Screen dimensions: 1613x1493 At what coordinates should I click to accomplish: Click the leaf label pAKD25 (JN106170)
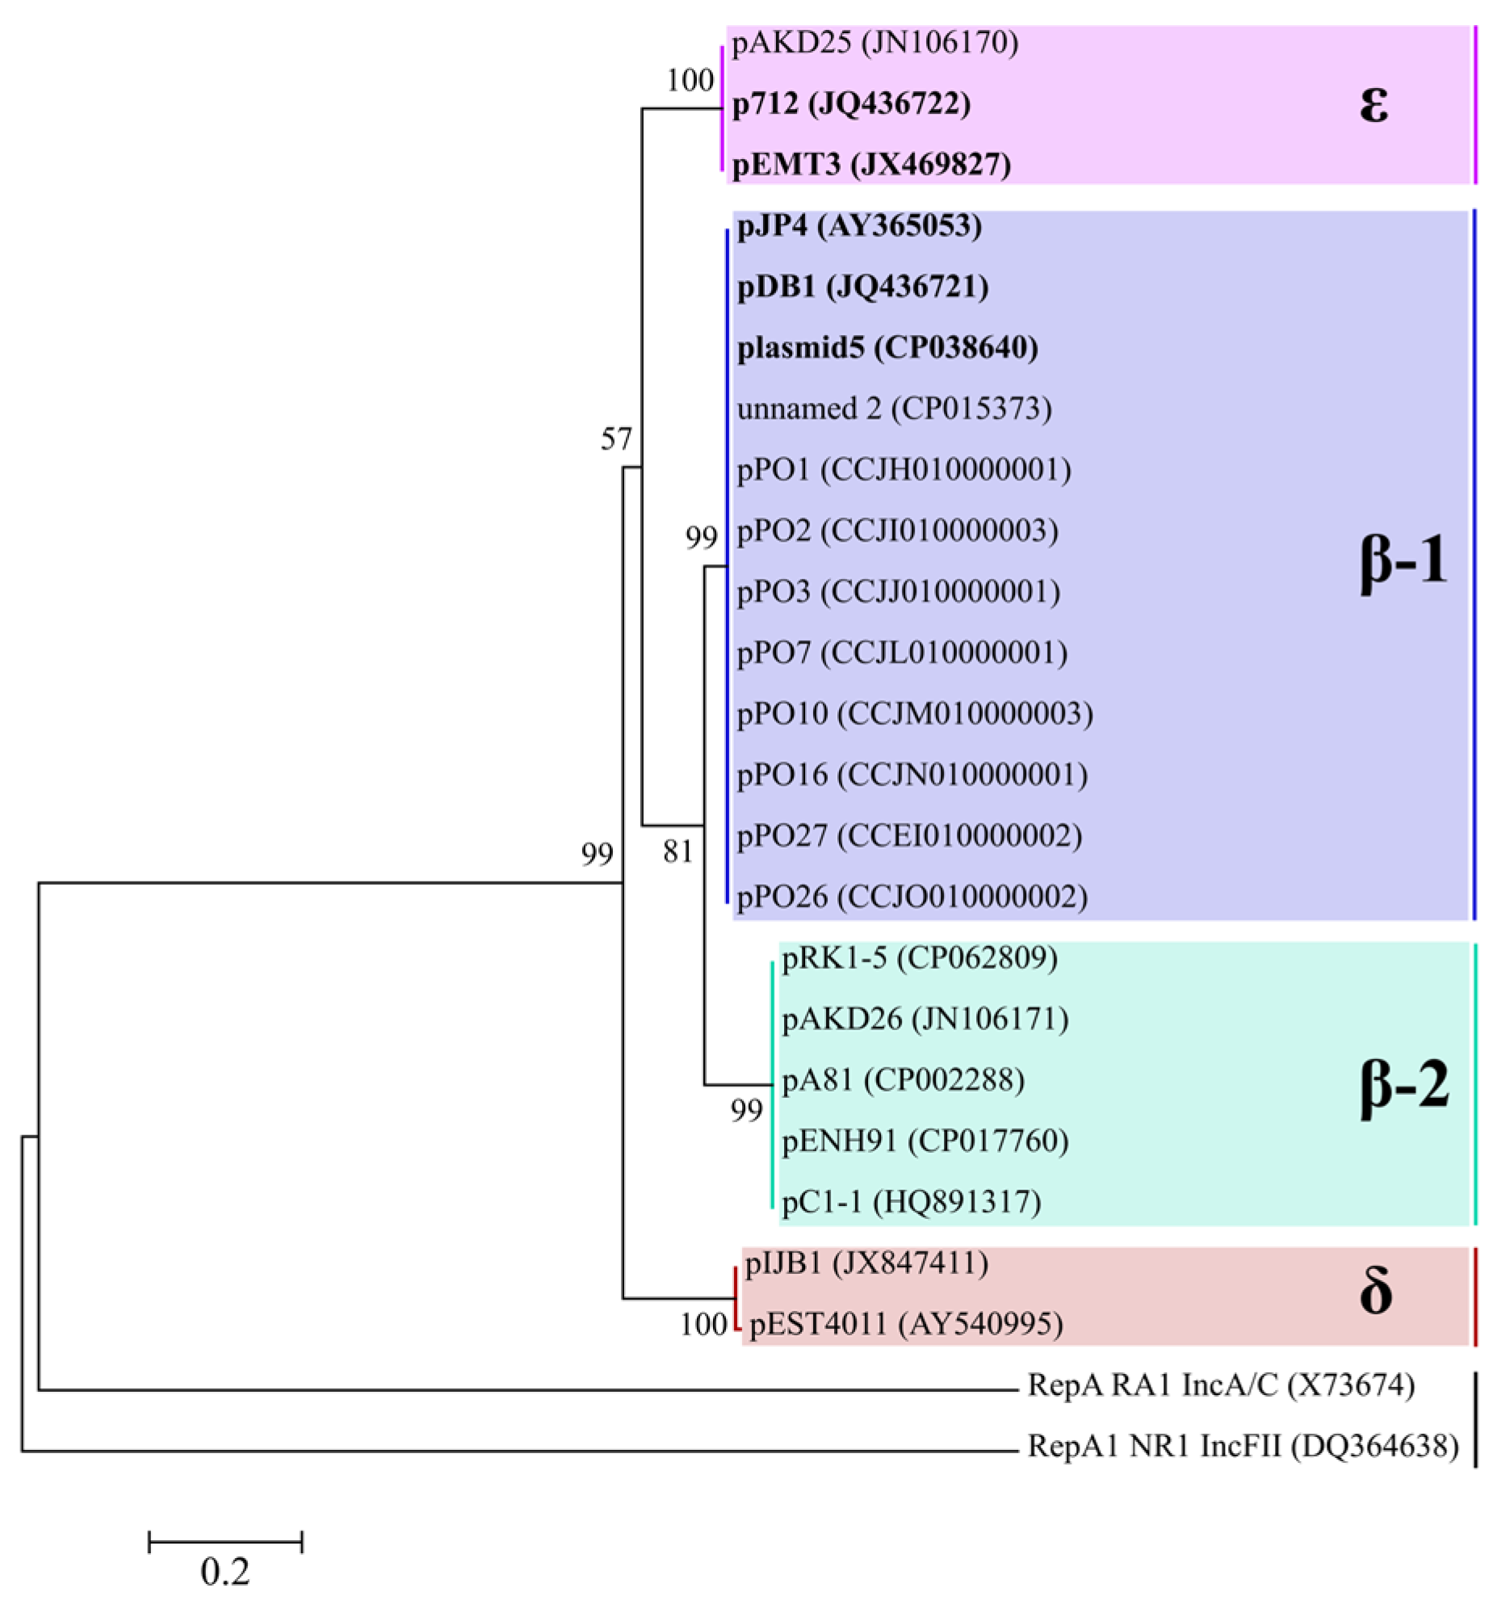tap(875, 42)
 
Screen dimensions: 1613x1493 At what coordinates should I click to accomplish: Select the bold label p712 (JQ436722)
tap(852, 103)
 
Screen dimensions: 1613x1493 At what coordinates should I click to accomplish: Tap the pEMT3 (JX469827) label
tap(871, 164)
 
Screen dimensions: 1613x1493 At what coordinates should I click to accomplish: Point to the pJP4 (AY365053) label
tap(860, 225)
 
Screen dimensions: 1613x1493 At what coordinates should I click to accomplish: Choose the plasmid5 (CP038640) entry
tap(887, 347)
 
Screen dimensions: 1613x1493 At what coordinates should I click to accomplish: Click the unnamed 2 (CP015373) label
tap(894, 408)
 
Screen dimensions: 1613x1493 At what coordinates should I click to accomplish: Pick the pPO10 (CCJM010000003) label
tap(915, 713)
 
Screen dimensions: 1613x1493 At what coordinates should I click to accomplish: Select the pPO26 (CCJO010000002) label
tap(912, 897)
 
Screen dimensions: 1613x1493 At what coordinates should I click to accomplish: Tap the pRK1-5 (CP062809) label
tap(920, 958)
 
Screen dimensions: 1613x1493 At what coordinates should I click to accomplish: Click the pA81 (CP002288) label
tap(903, 1080)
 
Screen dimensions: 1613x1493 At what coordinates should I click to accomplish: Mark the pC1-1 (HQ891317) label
tap(911, 1202)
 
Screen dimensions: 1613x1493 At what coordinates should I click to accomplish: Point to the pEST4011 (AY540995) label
tap(906, 1324)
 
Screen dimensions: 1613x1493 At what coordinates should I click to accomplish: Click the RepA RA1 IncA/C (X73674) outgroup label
tap(1221, 1385)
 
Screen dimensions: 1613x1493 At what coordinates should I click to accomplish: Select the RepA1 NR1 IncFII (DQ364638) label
tap(1243, 1446)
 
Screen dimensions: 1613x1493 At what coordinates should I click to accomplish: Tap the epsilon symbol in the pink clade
tap(1373, 103)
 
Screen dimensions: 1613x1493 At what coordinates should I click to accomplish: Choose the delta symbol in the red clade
tap(1375, 1292)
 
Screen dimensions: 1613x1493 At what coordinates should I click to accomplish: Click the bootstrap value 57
tap(615, 439)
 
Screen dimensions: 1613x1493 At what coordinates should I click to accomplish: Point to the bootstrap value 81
tap(677, 852)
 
